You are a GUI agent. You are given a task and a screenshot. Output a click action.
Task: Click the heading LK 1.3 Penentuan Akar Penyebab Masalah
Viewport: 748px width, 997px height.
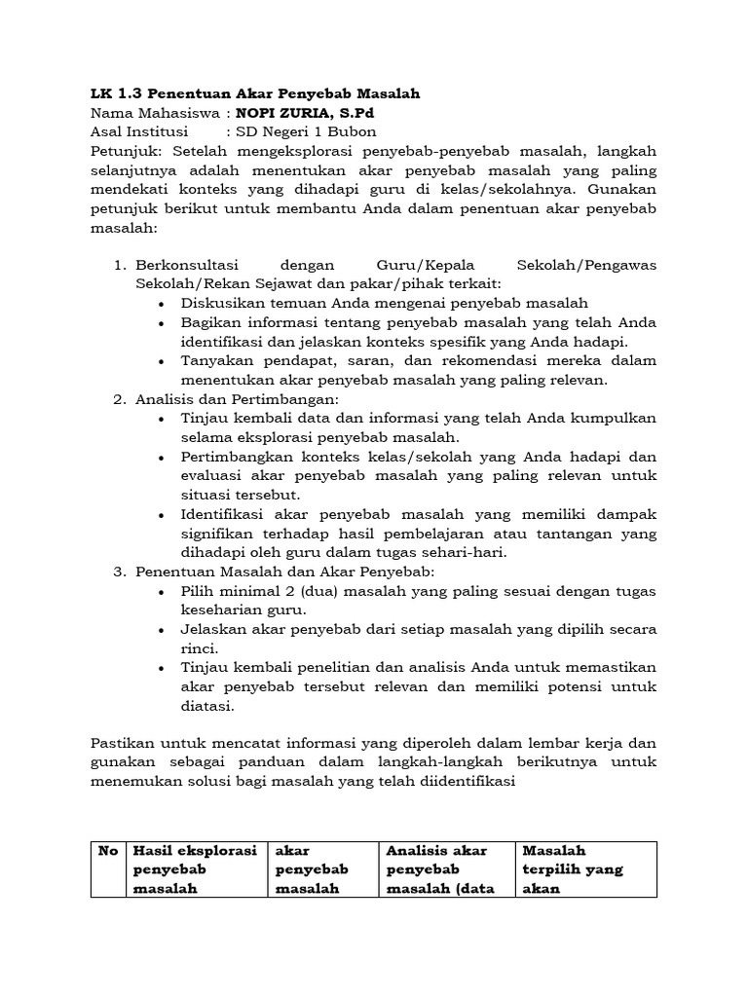[x=255, y=93]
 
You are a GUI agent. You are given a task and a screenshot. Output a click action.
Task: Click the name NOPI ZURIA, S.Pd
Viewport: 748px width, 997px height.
[x=293, y=113]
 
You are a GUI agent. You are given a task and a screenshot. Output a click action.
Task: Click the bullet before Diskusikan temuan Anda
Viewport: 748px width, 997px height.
[x=161, y=304]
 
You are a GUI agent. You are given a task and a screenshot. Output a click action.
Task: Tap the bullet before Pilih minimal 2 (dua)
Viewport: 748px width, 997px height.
[x=161, y=591]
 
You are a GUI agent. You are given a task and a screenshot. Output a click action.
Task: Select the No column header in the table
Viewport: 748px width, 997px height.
[x=108, y=851]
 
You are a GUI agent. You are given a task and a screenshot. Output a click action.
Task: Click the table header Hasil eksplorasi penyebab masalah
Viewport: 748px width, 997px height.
[x=195, y=869]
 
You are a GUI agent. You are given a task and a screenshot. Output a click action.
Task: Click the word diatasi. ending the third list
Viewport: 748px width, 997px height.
[x=208, y=706]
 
